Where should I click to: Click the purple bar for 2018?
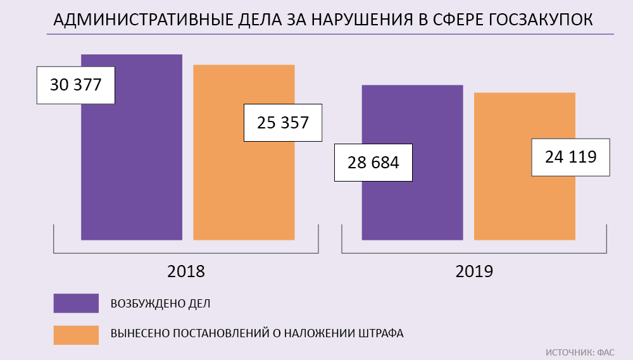point(132,164)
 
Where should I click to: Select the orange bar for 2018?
point(244,183)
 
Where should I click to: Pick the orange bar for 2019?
point(524,202)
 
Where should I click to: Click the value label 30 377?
point(76,85)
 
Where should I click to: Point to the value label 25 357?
point(283,123)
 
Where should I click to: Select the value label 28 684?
point(373,163)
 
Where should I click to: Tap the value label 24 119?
point(571,157)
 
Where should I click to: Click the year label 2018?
point(186,271)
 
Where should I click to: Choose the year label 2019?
point(474,271)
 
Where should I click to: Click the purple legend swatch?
point(76,303)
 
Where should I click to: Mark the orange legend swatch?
point(76,335)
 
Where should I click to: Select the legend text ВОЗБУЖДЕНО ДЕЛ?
point(160,304)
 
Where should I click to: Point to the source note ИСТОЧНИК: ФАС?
point(580,351)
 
